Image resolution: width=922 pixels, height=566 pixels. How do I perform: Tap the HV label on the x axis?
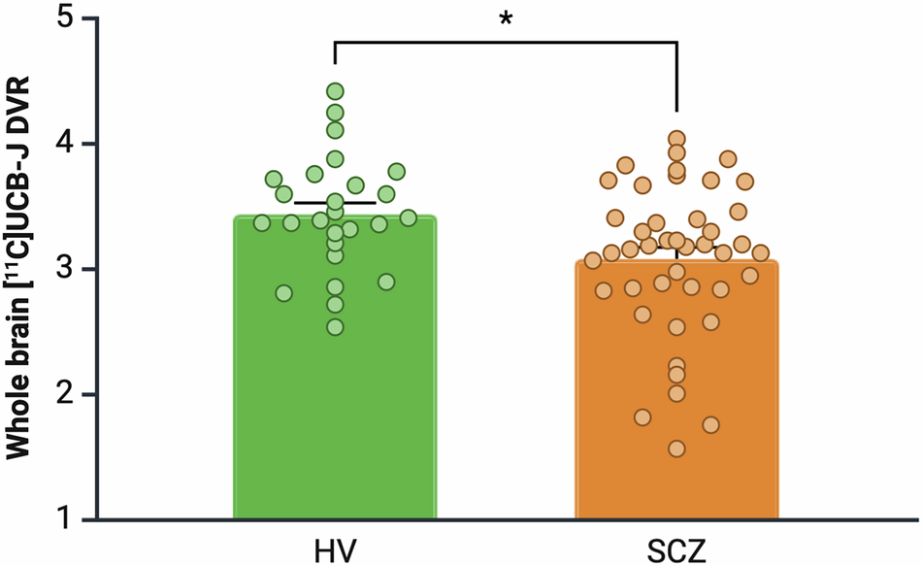pos(335,547)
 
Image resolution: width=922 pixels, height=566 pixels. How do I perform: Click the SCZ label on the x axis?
pos(676,547)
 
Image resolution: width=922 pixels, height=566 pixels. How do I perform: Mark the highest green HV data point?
pos(335,91)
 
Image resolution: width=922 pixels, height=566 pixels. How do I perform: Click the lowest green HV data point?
pos(335,327)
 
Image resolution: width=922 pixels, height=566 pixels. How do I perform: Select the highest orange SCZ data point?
pos(676,139)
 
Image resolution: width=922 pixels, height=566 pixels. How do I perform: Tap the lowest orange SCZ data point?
pos(676,449)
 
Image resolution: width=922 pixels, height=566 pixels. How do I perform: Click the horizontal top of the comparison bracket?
pos(506,42)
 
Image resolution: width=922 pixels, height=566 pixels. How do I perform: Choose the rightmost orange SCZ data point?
pos(760,252)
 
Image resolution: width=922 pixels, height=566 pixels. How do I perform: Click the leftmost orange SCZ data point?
pos(593,260)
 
